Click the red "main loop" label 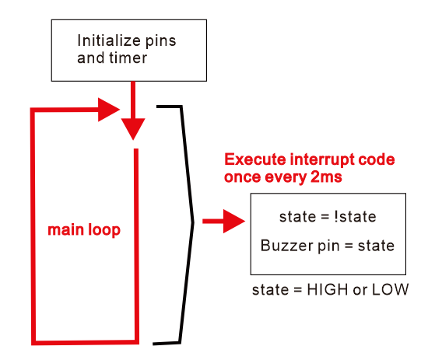coord(84,229)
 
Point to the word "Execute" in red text coord(255,159)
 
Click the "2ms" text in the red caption coord(326,177)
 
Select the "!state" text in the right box coord(355,217)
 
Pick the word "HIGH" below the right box coord(328,290)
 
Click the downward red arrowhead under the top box coord(133,129)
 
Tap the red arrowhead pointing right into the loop coord(109,110)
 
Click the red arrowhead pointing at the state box coord(234,221)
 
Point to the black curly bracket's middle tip coord(193,222)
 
